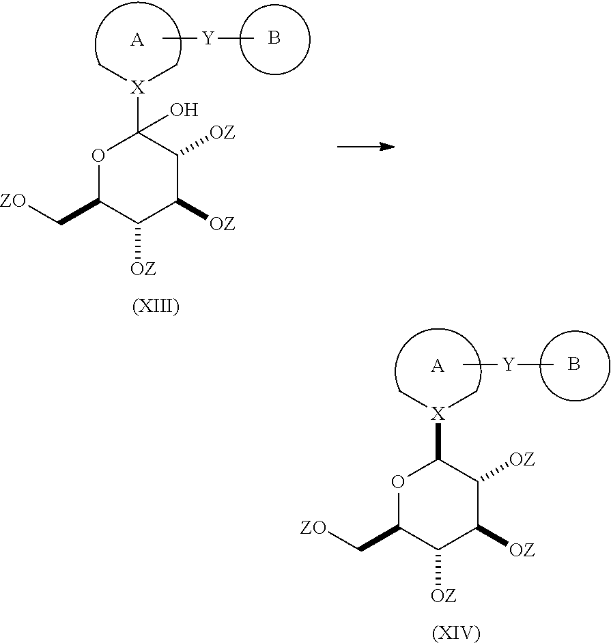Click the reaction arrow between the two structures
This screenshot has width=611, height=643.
tap(366, 146)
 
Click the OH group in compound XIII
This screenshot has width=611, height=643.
tap(184, 110)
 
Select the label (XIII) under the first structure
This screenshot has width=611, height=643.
tap(156, 306)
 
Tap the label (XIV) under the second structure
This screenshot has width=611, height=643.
tap(456, 633)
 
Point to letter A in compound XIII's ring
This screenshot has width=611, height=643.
tap(137, 40)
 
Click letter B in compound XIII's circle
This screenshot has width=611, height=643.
tap(274, 38)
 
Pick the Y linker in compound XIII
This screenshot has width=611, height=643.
tap(208, 38)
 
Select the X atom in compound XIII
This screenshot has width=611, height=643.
tap(138, 87)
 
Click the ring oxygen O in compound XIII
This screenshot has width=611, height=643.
tap(98, 156)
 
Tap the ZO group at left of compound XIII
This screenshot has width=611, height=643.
tap(13, 201)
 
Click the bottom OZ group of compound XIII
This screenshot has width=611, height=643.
tap(143, 269)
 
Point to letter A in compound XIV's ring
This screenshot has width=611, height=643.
tap(438, 366)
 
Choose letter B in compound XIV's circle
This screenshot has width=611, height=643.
tap(573, 364)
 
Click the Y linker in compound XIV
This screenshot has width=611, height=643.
tap(509, 365)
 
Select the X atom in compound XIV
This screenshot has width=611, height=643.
tap(438, 414)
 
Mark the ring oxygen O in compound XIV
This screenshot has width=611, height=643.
tap(398, 482)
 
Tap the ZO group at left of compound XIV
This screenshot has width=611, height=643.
tap(313, 528)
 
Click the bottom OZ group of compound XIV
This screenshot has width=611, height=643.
tap(443, 595)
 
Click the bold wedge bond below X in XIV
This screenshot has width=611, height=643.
tap(438, 441)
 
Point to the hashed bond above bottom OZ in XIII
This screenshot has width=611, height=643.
tap(138, 241)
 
